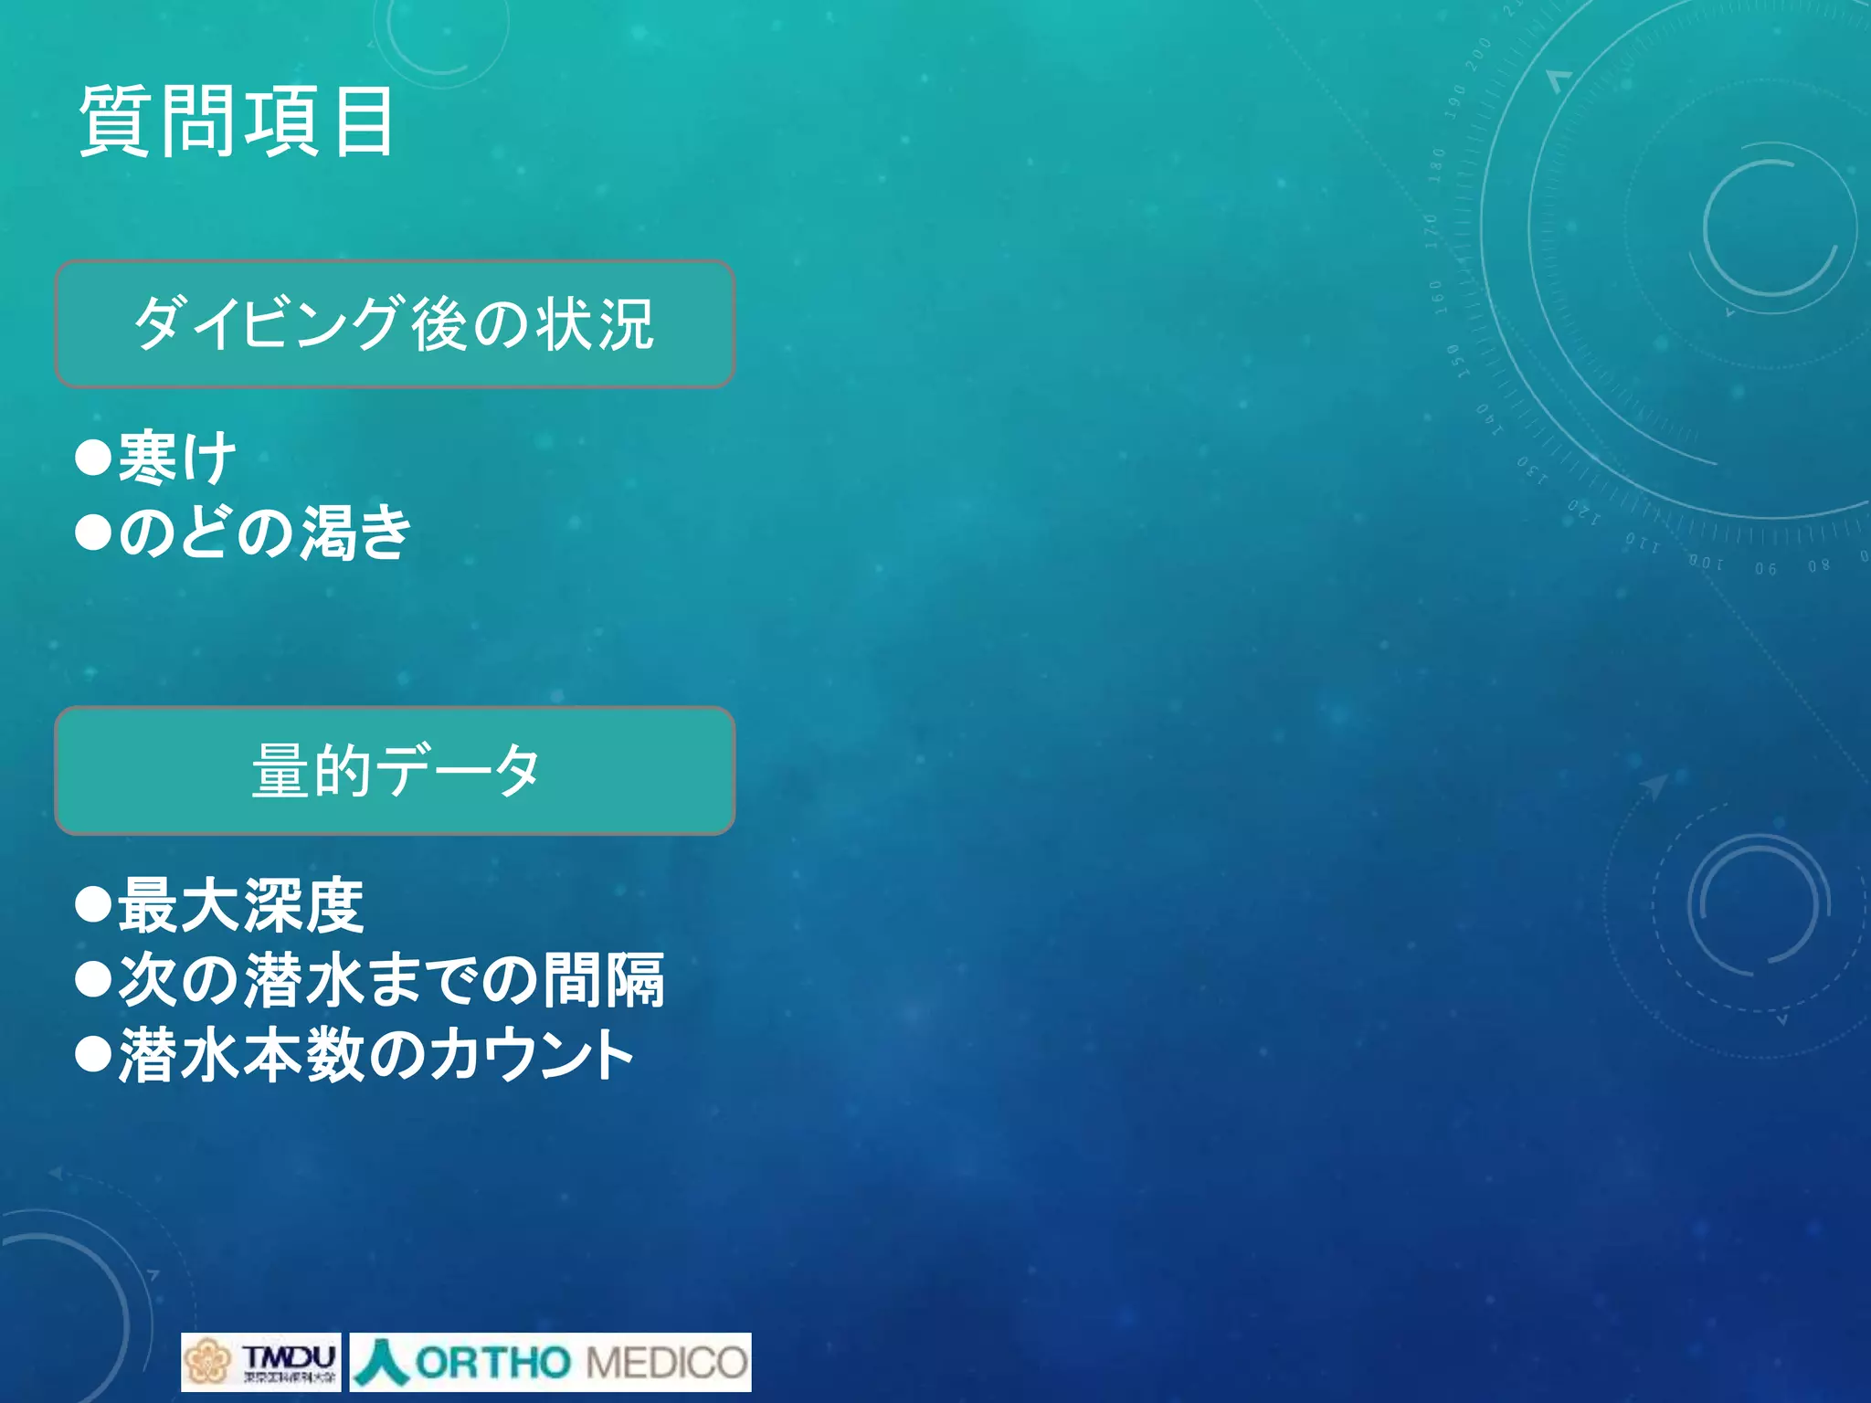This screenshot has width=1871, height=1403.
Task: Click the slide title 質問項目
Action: pos(237,121)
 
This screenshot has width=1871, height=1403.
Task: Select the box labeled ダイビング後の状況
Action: pos(395,324)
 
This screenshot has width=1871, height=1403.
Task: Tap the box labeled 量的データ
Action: pos(395,771)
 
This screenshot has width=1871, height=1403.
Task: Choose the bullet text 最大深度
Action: pos(241,905)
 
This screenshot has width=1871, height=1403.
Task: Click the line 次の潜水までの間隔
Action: pos(391,980)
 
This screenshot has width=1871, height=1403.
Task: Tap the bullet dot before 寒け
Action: pos(93,457)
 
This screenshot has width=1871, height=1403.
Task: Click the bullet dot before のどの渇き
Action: pos(93,532)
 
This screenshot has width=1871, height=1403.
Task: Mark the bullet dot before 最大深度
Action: pos(93,905)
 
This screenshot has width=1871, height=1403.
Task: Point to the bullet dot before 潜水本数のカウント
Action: pos(93,1055)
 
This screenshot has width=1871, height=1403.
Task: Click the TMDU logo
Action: pos(260,1362)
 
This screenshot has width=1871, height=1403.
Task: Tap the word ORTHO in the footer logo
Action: pos(492,1363)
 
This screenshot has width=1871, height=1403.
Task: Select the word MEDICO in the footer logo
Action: pos(666,1363)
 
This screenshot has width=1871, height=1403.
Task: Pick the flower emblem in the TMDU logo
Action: pos(207,1362)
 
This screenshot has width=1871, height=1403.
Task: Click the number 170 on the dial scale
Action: pos(1432,231)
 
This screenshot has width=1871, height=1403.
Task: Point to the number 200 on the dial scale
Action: pos(1477,56)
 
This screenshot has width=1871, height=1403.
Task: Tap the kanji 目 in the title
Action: pos(364,121)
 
